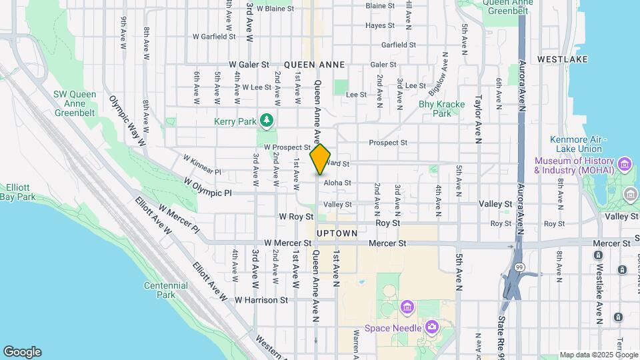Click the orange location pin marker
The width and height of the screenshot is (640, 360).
click(x=321, y=159)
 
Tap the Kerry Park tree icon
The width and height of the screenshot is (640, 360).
click(x=267, y=120)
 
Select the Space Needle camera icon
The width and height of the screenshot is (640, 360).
click(x=432, y=327)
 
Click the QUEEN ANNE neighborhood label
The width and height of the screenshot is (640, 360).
click(x=314, y=65)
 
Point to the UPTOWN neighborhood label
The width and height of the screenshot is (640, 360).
click(x=337, y=233)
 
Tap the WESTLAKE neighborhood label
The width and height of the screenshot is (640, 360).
click(x=562, y=59)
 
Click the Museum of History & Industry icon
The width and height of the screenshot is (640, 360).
click(x=625, y=163)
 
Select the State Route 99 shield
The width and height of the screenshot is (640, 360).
click(x=519, y=267)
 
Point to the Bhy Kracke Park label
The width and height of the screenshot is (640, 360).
click(x=435, y=109)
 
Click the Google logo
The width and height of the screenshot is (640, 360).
click(x=21, y=351)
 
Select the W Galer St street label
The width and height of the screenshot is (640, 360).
click(x=249, y=65)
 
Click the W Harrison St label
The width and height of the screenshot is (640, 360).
click(x=261, y=300)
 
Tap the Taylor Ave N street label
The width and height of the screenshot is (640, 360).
click(x=478, y=119)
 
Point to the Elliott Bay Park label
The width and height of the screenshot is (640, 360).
click(x=18, y=192)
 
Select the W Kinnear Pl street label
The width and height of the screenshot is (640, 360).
click(x=202, y=164)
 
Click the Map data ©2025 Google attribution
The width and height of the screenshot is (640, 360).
click(x=598, y=355)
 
